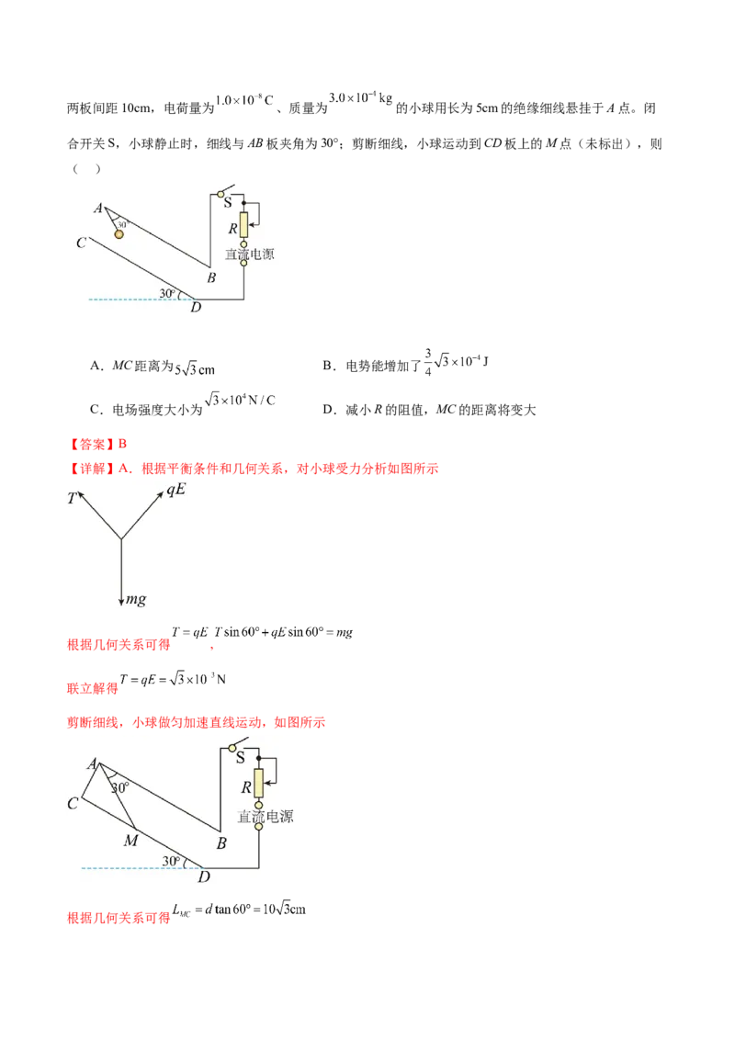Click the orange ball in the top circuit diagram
point(119,234)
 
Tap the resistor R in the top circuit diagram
point(243,225)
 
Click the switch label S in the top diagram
point(228,203)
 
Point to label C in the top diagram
point(81,243)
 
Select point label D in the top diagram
point(196,307)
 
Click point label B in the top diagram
point(211,277)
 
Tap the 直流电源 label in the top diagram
point(249,254)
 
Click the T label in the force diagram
point(72,498)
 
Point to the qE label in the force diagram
point(175,490)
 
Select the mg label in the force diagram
point(136,599)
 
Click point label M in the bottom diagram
point(130,841)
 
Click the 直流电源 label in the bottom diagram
point(266,817)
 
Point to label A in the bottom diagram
point(92,764)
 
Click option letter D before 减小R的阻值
point(328,410)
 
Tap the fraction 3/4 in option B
point(428,362)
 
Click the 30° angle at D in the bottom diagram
point(171,861)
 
